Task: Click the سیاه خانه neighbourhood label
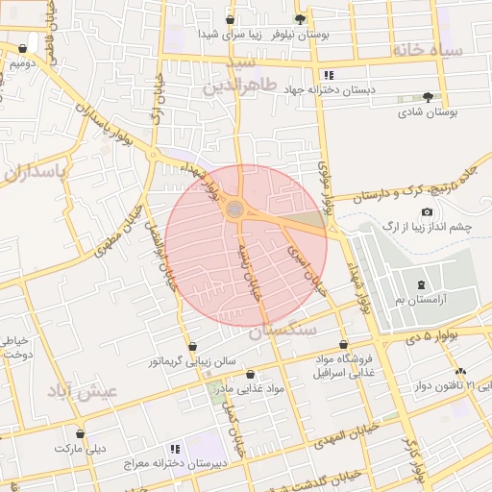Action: [428, 50]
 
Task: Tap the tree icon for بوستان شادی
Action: [428, 97]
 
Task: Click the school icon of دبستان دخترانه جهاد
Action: [329, 74]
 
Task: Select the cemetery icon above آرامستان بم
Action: [423, 284]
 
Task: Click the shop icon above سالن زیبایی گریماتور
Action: [192, 346]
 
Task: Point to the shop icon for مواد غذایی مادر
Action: [251, 374]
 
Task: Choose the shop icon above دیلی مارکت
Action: [80, 434]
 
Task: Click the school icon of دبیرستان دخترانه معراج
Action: [174, 449]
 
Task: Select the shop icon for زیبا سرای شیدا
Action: [230, 19]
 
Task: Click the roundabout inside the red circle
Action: [235, 208]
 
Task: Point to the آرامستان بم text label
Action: [423, 301]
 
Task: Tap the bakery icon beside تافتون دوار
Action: [460, 372]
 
